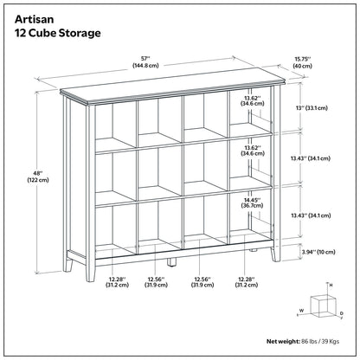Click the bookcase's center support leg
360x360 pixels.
(176, 260)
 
